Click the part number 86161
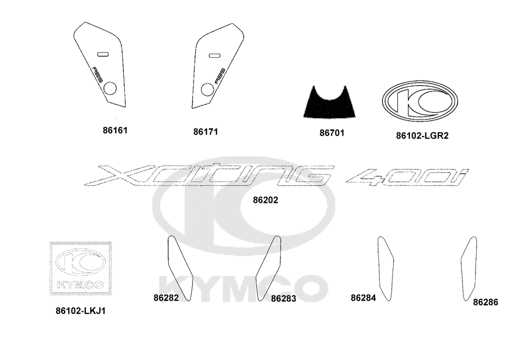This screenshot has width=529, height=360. (x=115, y=130)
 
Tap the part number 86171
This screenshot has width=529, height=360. (x=205, y=132)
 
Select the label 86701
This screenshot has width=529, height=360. (x=332, y=133)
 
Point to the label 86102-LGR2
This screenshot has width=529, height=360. (x=422, y=136)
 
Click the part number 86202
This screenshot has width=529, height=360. (x=266, y=200)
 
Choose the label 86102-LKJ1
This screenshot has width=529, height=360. (x=80, y=311)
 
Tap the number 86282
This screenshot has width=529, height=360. (x=166, y=298)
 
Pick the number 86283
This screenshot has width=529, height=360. (x=284, y=299)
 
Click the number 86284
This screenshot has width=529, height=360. (x=363, y=298)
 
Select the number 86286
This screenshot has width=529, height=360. (x=486, y=302)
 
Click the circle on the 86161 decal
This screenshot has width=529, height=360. (x=110, y=88)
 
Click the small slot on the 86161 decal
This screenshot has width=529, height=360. (x=102, y=54)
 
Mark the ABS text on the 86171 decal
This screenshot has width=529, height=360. (x=220, y=76)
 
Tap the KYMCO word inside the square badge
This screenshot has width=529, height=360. (x=80, y=285)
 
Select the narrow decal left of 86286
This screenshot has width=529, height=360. (x=469, y=268)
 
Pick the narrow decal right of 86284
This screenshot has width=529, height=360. (x=386, y=268)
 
